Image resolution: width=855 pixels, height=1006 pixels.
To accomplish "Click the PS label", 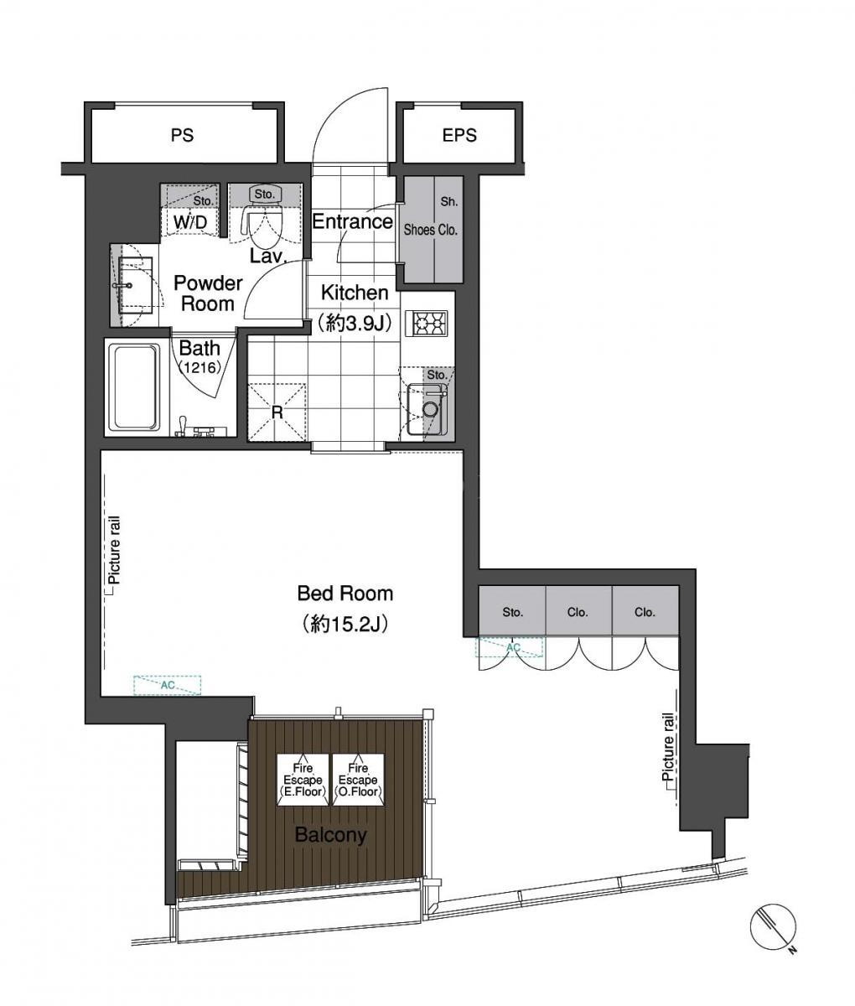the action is point(183,135).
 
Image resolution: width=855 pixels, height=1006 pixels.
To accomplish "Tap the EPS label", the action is point(459,135).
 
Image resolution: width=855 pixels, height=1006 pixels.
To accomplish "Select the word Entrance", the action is point(352,222).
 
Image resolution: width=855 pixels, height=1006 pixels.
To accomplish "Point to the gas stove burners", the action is point(430,323).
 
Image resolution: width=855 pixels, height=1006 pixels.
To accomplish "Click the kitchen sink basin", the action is point(422,409).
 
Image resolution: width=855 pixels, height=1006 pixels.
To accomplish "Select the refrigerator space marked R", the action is point(277,412).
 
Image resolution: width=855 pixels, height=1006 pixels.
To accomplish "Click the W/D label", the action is point(190,223).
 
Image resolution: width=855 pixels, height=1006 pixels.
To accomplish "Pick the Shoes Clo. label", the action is point(431,230).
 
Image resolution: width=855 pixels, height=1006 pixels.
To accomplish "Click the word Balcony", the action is point(331,835).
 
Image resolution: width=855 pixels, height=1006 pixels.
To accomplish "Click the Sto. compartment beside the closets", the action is point(512,611).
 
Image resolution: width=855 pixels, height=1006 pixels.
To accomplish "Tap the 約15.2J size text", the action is point(345,624).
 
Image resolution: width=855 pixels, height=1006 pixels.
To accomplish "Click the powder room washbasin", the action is point(132,286).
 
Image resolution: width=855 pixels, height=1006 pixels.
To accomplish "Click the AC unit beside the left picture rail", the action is point(168,685).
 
